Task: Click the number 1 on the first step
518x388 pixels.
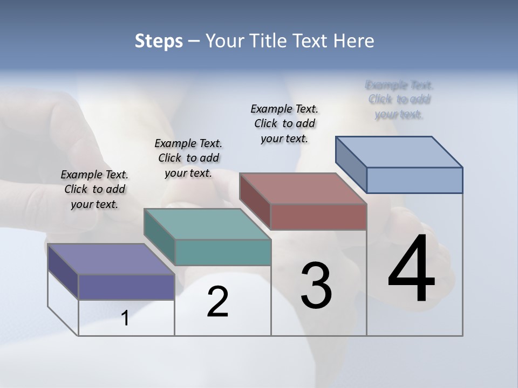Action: [x=125, y=318]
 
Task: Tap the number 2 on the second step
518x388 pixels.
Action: [x=217, y=302]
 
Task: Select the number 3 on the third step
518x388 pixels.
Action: [x=316, y=286]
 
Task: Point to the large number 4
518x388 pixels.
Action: [x=411, y=268]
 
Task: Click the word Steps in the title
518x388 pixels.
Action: [x=159, y=41]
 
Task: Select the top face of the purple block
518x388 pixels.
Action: [x=111, y=259]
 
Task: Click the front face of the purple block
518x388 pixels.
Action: [x=126, y=287]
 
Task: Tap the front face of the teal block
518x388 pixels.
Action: [x=223, y=252]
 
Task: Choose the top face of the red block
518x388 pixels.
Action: [x=303, y=189]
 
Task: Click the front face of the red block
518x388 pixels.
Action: [x=318, y=216]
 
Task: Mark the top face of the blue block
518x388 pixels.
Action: [x=399, y=152]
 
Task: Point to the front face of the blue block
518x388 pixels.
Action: [x=414, y=180]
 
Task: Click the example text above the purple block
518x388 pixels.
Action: [x=94, y=190]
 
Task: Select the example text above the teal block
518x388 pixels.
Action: [x=188, y=158]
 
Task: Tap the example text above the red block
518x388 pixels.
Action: [x=284, y=123]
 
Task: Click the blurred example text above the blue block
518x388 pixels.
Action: [x=399, y=100]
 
